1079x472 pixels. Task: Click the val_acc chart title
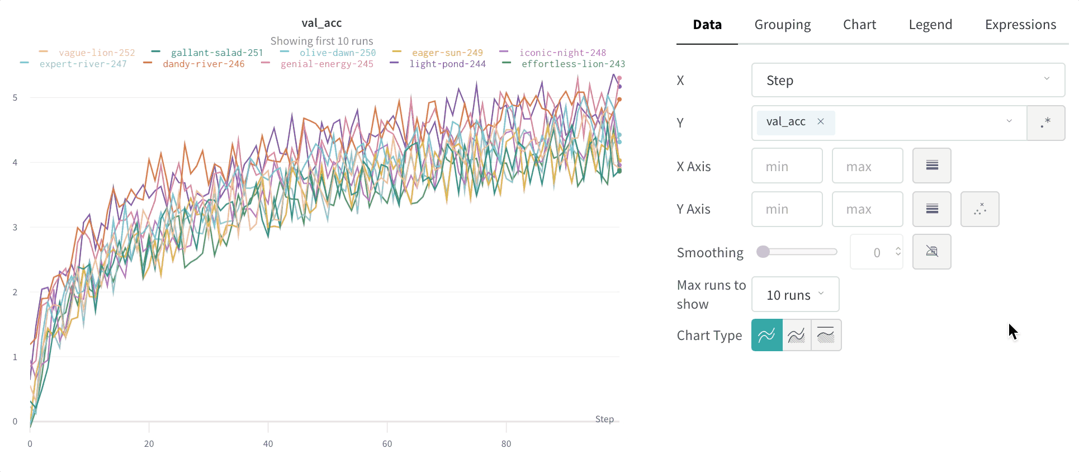click(x=321, y=23)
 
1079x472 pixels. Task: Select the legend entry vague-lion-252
click(x=96, y=53)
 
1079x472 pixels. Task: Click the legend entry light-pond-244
click(x=447, y=64)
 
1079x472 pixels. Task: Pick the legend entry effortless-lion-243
click(x=572, y=64)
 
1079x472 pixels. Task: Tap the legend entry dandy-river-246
click(x=204, y=64)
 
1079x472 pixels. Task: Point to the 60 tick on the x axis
click(x=387, y=443)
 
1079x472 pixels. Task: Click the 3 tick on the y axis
click(x=15, y=227)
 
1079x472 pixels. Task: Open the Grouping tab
click(x=782, y=25)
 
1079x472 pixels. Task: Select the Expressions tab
click(x=1020, y=25)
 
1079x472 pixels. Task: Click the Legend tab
click(x=930, y=25)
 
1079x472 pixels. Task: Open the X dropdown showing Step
click(x=907, y=80)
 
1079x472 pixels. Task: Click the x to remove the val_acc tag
click(x=821, y=121)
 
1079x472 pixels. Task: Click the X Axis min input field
click(x=787, y=166)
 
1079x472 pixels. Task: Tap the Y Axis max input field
click(x=867, y=209)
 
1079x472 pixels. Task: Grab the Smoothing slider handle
click(x=763, y=252)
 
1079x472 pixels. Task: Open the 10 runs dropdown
click(x=795, y=295)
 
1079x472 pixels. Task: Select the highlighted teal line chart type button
click(x=766, y=335)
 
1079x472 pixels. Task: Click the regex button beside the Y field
click(x=1045, y=122)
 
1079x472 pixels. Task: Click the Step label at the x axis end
click(x=604, y=419)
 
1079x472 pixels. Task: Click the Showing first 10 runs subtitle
click(x=321, y=41)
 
